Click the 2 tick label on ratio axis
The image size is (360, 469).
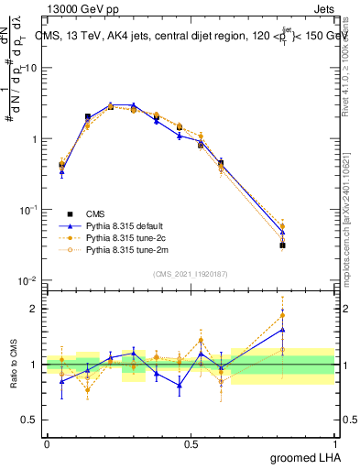(37, 309)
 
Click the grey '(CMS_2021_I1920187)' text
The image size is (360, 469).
(191, 272)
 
